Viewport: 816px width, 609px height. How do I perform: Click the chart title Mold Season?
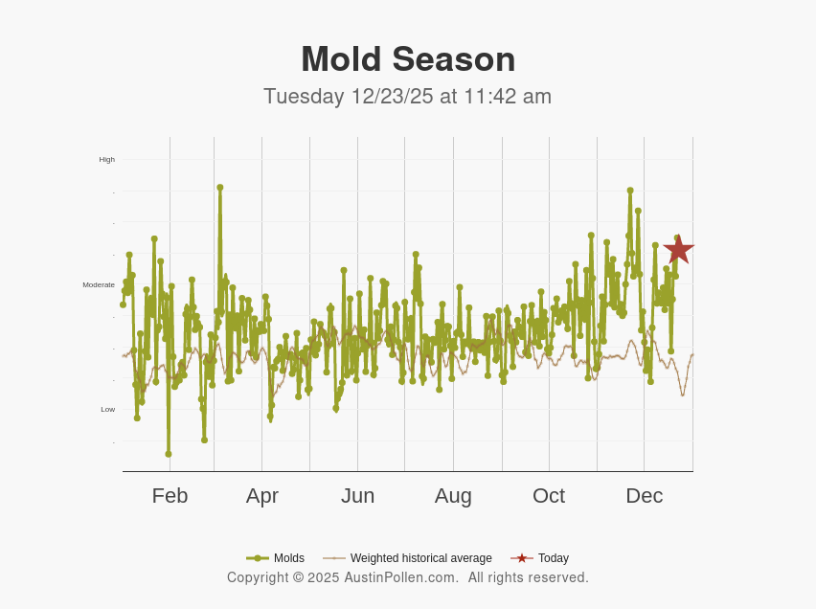pyautogui.click(x=408, y=59)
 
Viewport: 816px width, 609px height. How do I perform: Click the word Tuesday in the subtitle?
pyautogui.click(x=304, y=97)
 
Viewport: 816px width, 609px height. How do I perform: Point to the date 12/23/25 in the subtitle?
pyautogui.click(x=392, y=97)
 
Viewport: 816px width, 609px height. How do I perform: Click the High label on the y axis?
pyautogui.click(x=106, y=159)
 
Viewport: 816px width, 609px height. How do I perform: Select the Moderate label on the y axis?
pyautogui.click(x=99, y=284)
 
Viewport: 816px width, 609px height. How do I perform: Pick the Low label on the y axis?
pyautogui.click(x=108, y=409)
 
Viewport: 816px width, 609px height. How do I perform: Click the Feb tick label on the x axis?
pyautogui.click(x=170, y=496)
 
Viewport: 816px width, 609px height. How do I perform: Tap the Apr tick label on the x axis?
pyautogui.click(x=261, y=496)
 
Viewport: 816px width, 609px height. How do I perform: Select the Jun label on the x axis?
pyautogui.click(x=357, y=496)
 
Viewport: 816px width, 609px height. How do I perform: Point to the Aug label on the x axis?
pyautogui.click(x=453, y=496)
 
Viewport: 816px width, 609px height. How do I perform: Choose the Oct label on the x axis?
pyautogui.click(x=549, y=496)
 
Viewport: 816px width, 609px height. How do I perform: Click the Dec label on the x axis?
pyautogui.click(x=644, y=496)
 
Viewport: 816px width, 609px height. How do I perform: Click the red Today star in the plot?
pyautogui.click(x=678, y=249)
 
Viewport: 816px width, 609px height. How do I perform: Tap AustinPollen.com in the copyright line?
pyautogui.click(x=401, y=577)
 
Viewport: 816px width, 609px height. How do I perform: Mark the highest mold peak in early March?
pyautogui.click(x=219, y=188)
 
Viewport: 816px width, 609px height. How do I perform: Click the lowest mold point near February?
pyautogui.click(x=169, y=454)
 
